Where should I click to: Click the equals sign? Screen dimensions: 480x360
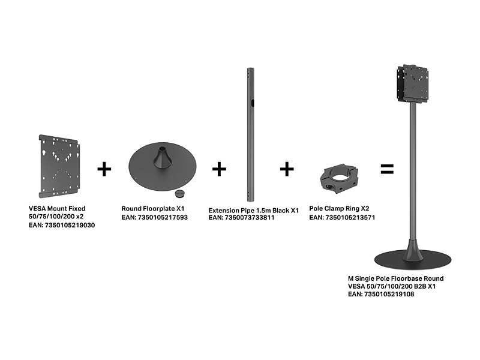(x=387, y=169)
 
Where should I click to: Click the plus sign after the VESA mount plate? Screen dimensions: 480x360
(x=104, y=169)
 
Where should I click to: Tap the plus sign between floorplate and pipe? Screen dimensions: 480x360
(x=219, y=169)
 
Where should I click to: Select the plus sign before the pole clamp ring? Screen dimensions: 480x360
(x=287, y=169)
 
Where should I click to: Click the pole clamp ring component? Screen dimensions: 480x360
(x=338, y=179)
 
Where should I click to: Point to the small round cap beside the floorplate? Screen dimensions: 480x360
(x=179, y=193)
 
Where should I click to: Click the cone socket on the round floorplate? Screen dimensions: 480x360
(x=162, y=157)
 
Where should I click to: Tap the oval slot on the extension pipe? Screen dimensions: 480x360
(x=252, y=103)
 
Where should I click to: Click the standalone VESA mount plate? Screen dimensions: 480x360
(x=59, y=166)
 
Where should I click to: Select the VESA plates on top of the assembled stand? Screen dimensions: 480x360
(x=412, y=83)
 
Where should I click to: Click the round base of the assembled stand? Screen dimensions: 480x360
(x=413, y=260)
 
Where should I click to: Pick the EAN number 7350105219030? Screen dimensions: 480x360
(x=70, y=226)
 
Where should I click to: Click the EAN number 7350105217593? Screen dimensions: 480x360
(x=163, y=217)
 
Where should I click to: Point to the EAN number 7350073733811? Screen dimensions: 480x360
(x=250, y=218)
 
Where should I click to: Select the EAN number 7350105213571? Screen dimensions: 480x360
(x=350, y=217)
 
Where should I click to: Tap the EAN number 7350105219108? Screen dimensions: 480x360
(x=389, y=294)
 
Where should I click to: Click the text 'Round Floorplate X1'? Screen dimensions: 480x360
(x=153, y=209)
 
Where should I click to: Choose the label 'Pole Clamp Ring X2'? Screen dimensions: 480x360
(x=339, y=208)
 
